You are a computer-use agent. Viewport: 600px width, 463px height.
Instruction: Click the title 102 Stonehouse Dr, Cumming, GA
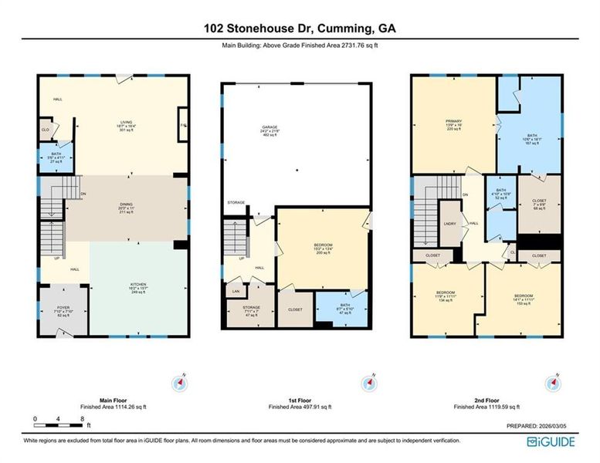pyautogui.click(x=300, y=29)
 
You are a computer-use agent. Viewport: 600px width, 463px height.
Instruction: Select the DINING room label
pyautogui.click(x=127, y=204)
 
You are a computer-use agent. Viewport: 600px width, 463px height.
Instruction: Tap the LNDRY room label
pyautogui.click(x=451, y=224)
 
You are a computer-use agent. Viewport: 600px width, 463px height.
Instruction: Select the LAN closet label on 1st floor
pyautogui.click(x=235, y=292)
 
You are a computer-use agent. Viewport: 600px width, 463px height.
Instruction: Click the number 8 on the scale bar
pyautogui.click(x=83, y=418)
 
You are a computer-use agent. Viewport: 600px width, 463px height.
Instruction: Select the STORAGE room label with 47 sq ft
pyautogui.click(x=240, y=311)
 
